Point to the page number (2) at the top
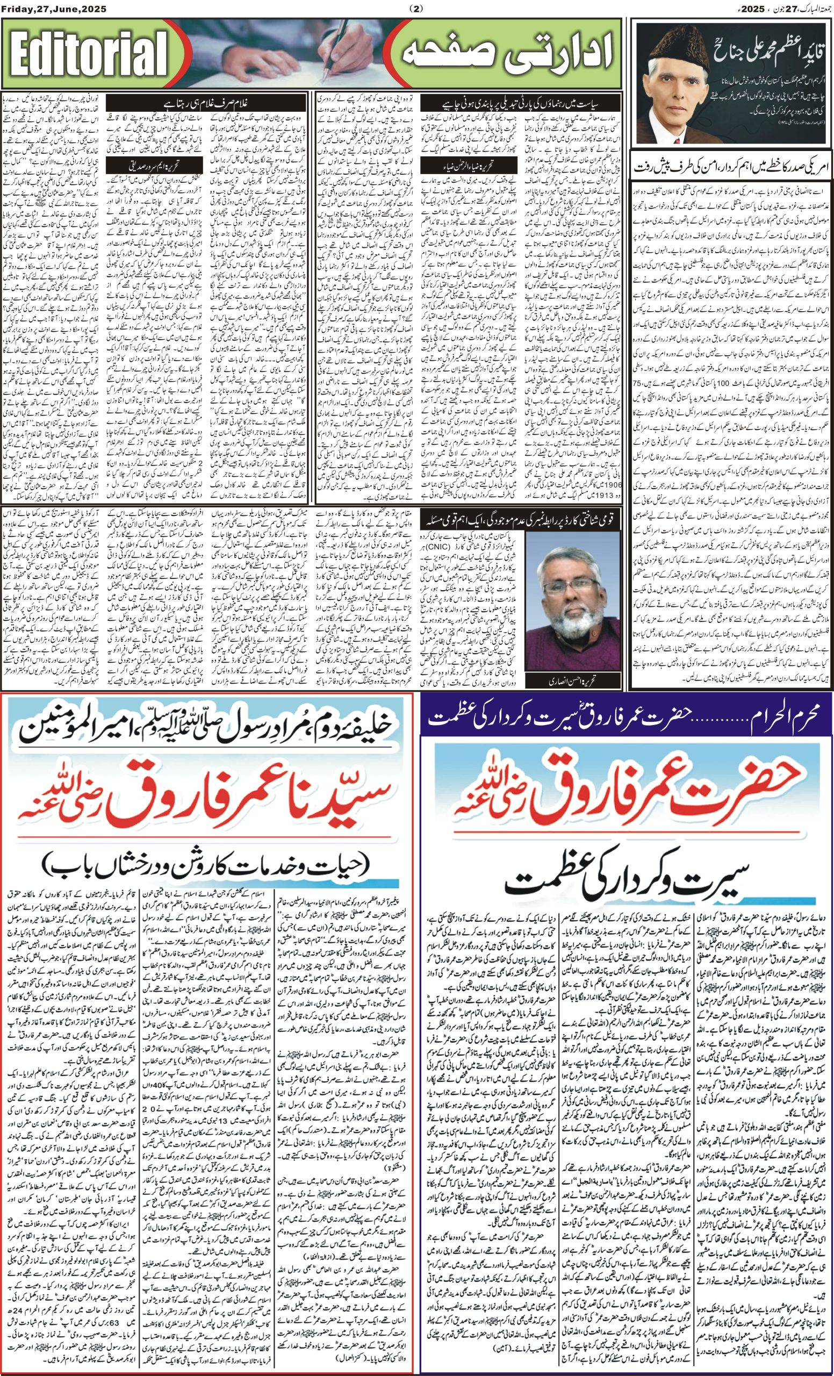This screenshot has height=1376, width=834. (416, 8)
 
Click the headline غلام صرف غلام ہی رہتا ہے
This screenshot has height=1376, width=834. (206, 103)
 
